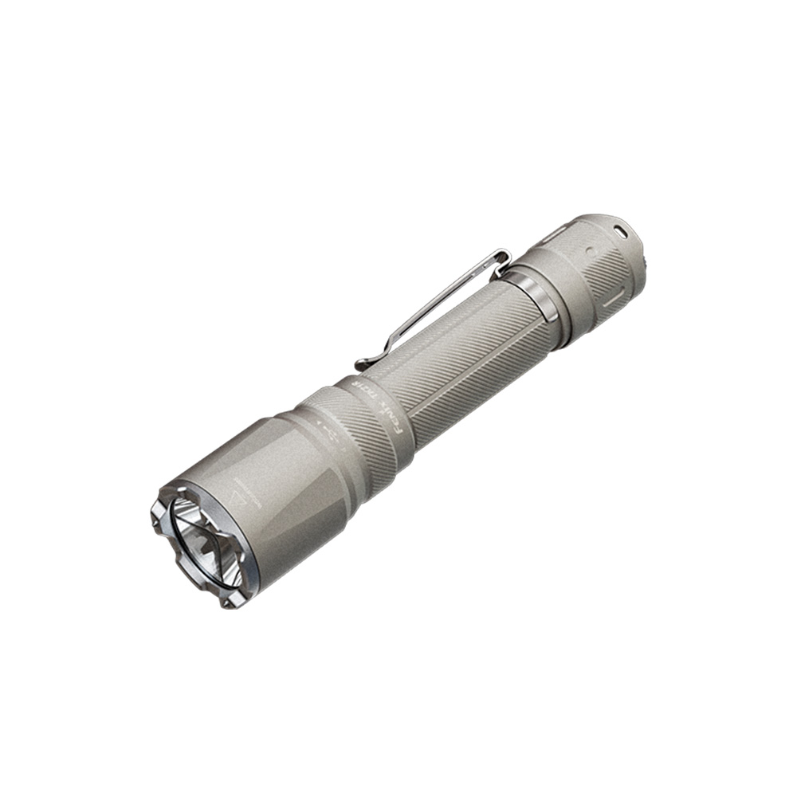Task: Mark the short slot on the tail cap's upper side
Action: pos(556,236)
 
